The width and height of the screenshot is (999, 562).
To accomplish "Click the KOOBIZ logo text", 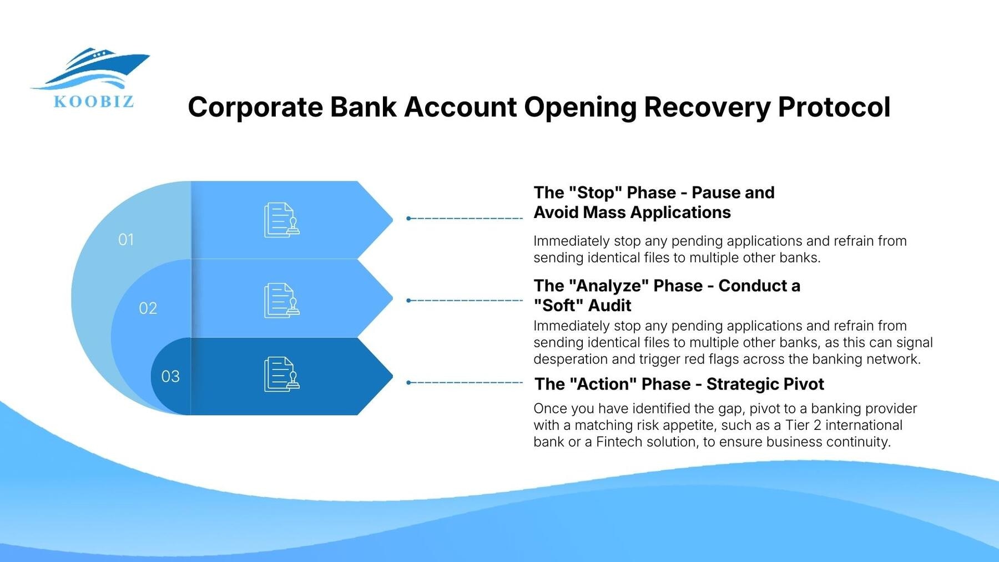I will tap(94, 102).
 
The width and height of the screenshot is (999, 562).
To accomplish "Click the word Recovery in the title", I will tap(707, 107).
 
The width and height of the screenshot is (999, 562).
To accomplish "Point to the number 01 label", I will tap(126, 240).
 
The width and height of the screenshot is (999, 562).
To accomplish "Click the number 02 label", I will tap(148, 308).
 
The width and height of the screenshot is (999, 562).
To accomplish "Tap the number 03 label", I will tap(170, 377).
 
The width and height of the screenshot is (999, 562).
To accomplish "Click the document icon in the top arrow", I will tap(281, 220).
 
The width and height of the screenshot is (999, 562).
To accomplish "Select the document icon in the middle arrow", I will tap(281, 301).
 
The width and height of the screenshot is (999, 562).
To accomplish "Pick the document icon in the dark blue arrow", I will tap(281, 374).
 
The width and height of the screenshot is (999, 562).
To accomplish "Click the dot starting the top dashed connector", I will tap(408, 219).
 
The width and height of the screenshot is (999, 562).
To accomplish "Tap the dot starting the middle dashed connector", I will tap(408, 301).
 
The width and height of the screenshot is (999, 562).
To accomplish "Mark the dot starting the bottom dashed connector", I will tap(408, 383).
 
